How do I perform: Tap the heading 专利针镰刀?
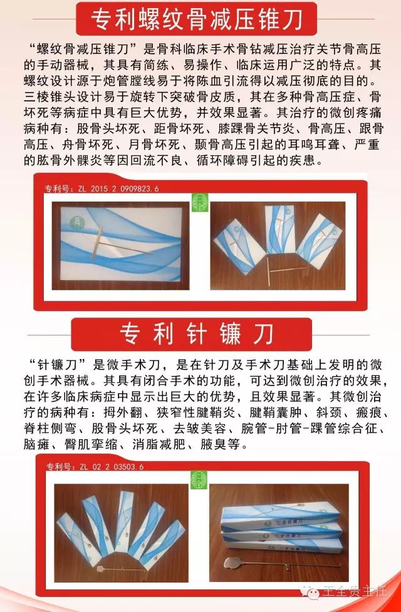(x=197, y=334)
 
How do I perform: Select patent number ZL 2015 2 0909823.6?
(x=102, y=188)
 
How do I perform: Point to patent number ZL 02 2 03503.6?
(x=95, y=466)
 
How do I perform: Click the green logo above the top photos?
(x=200, y=203)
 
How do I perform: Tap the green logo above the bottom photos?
(x=199, y=480)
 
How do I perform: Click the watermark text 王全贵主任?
(x=355, y=592)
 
